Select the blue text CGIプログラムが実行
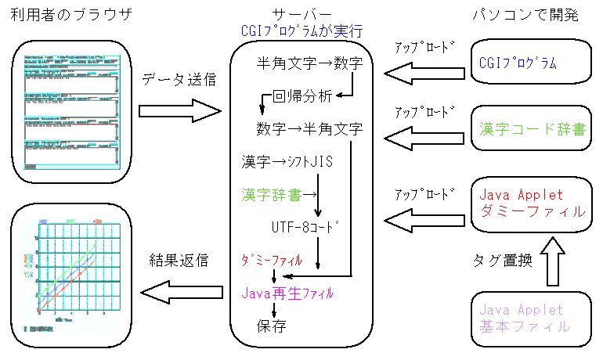(x=301, y=31)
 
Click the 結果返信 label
(x=179, y=261)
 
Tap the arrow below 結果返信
(x=179, y=293)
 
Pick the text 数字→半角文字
(x=309, y=128)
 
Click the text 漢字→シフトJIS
(x=288, y=162)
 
